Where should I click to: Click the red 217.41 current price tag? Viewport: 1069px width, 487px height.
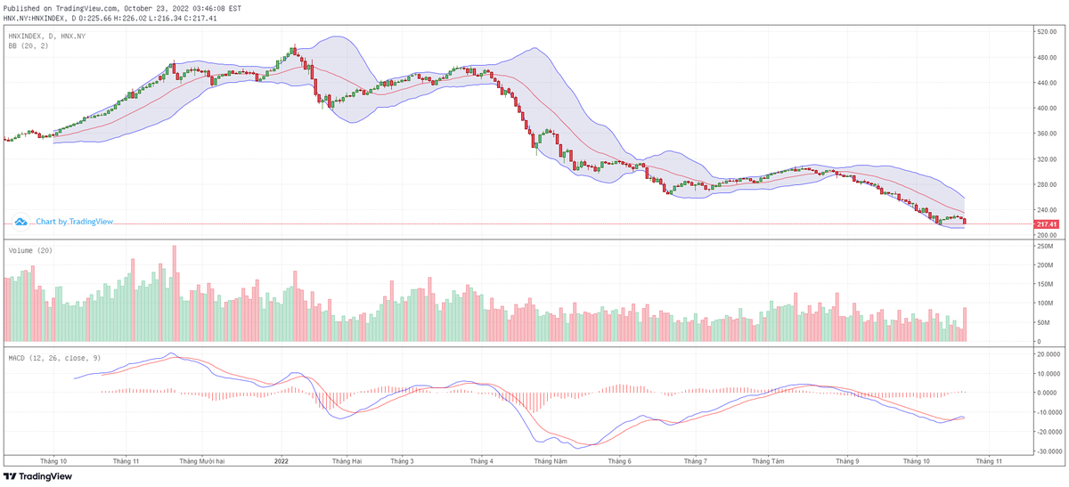[x=1046, y=224]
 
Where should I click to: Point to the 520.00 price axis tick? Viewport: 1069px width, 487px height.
[x=1046, y=32]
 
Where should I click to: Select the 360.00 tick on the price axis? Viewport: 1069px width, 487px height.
[x=1046, y=134]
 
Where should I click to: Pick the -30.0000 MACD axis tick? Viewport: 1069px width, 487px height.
[x=1049, y=451]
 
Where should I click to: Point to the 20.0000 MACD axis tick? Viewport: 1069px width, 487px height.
[x=1049, y=353]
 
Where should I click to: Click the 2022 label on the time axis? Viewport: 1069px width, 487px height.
[x=282, y=461]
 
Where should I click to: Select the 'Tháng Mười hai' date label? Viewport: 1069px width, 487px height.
[x=201, y=461]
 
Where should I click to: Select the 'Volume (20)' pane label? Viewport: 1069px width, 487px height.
[x=30, y=251]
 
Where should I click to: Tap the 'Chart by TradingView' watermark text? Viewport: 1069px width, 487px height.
[x=75, y=221]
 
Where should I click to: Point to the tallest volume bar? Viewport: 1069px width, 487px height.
[x=175, y=295]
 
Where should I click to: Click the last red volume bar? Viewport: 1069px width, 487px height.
[x=964, y=324]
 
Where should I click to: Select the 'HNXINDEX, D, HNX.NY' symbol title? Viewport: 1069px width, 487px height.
[x=47, y=36]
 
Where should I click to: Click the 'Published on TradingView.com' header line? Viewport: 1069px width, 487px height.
[x=122, y=7]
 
